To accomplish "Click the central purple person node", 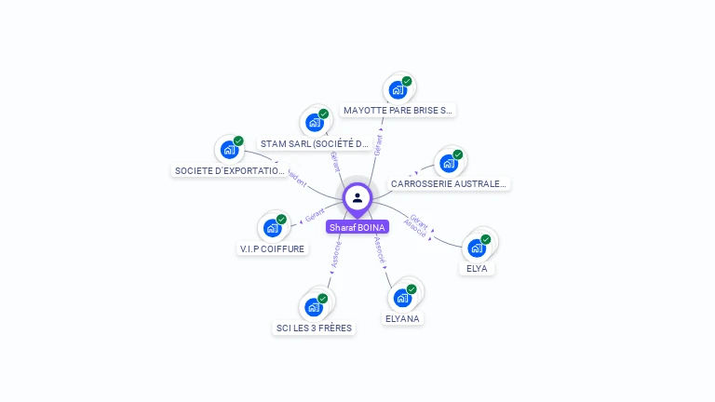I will [357, 197].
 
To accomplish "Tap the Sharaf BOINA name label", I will [357, 227].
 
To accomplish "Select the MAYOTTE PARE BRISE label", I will [398, 110].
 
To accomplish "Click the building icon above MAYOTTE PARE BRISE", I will [398, 90].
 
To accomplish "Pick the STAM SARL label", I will [315, 144].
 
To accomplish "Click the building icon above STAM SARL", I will [315, 123].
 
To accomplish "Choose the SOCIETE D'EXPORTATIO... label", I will [229, 171].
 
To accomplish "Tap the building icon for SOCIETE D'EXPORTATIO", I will [229, 150].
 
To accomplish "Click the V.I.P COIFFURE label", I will [272, 248].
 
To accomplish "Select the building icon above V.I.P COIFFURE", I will [272, 228].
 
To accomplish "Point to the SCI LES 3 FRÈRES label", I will [314, 328].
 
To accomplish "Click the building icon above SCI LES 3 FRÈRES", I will [314, 307].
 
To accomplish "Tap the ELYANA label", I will [402, 318].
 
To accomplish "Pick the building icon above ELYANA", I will [402, 298].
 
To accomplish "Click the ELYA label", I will [478, 269].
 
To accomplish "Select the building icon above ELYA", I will [478, 248].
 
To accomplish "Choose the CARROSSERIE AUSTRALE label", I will [449, 184].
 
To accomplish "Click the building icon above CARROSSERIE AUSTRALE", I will [449, 164].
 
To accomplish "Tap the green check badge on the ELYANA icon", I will [411, 289].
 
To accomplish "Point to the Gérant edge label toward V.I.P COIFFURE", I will [314, 217].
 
